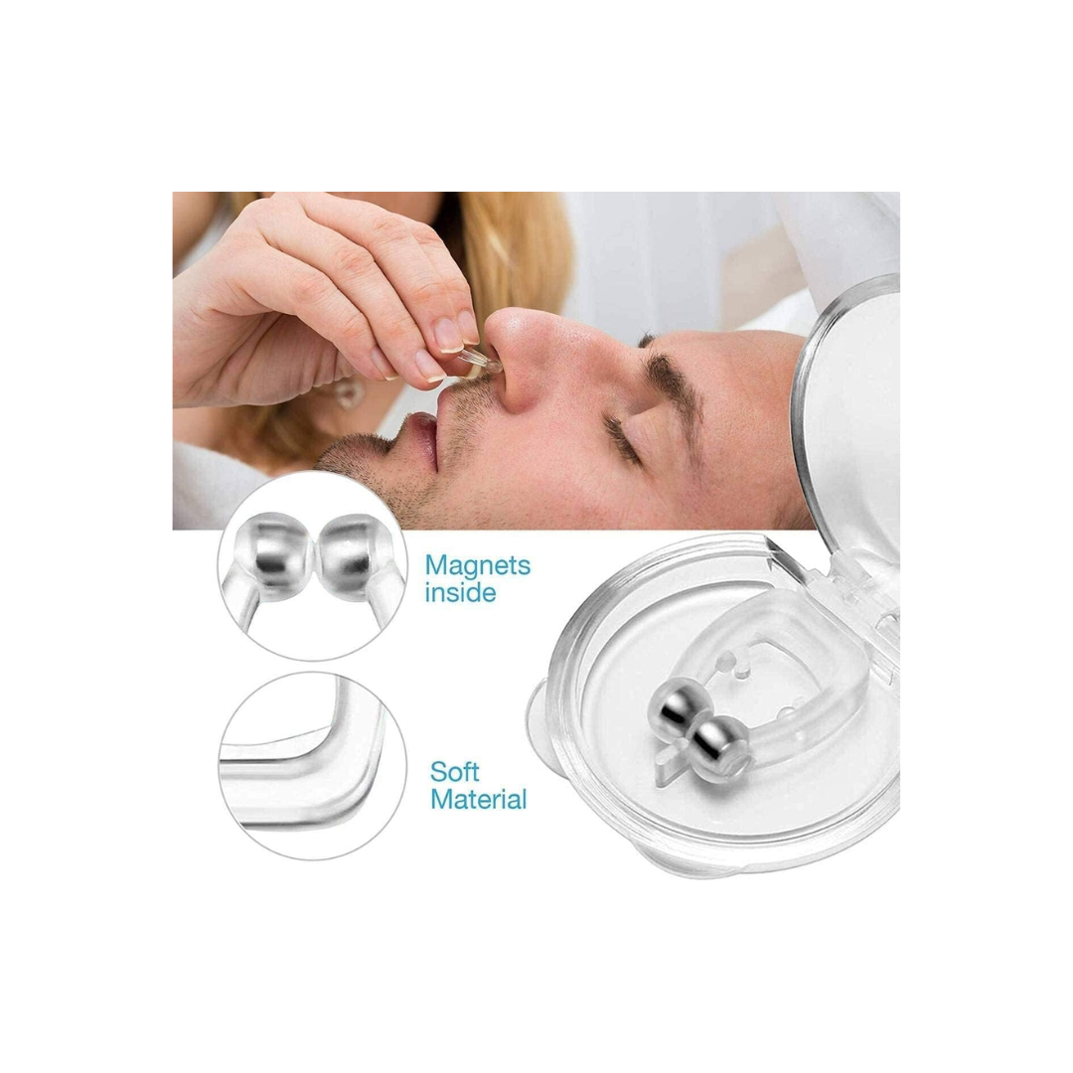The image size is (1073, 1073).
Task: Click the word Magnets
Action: click(478, 566)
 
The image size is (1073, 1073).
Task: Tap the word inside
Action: click(460, 592)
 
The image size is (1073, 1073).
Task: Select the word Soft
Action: click(454, 772)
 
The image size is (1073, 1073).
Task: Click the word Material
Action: click(478, 799)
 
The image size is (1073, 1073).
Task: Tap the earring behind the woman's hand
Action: click(348, 392)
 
